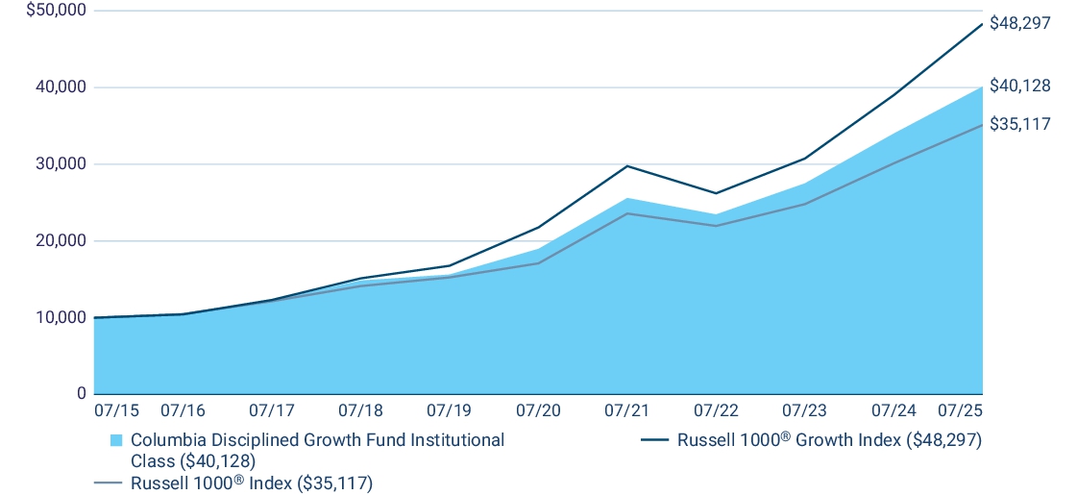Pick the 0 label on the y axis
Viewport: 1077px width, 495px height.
[x=81, y=394]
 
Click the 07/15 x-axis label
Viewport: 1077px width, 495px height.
[x=116, y=410]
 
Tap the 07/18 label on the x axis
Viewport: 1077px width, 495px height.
[x=360, y=410]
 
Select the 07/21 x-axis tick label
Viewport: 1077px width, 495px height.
[x=626, y=410]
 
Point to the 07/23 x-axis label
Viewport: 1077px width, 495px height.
[x=804, y=410]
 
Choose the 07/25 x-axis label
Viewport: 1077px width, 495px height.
[x=960, y=410]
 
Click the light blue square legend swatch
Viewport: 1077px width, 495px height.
[x=116, y=440]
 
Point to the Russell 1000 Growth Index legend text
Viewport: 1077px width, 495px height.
[x=829, y=440]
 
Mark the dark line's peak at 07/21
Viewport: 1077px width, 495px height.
[x=626, y=166]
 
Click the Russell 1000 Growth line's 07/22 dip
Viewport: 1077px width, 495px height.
[x=716, y=193]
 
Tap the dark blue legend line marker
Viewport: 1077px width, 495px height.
[x=654, y=440]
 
